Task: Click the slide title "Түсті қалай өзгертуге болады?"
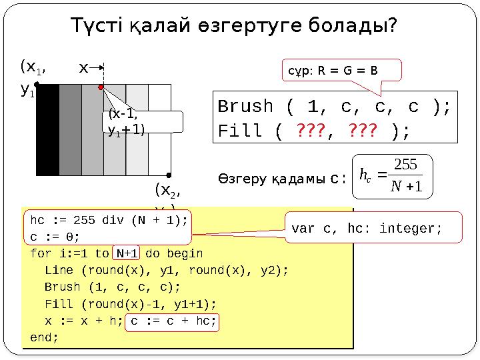coord(235,26)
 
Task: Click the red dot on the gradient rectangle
coord(101,87)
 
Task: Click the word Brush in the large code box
coord(245,107)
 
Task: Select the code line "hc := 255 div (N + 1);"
coord(109,221)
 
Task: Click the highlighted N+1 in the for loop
coord(127,253)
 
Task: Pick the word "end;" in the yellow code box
coord(44,337)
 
